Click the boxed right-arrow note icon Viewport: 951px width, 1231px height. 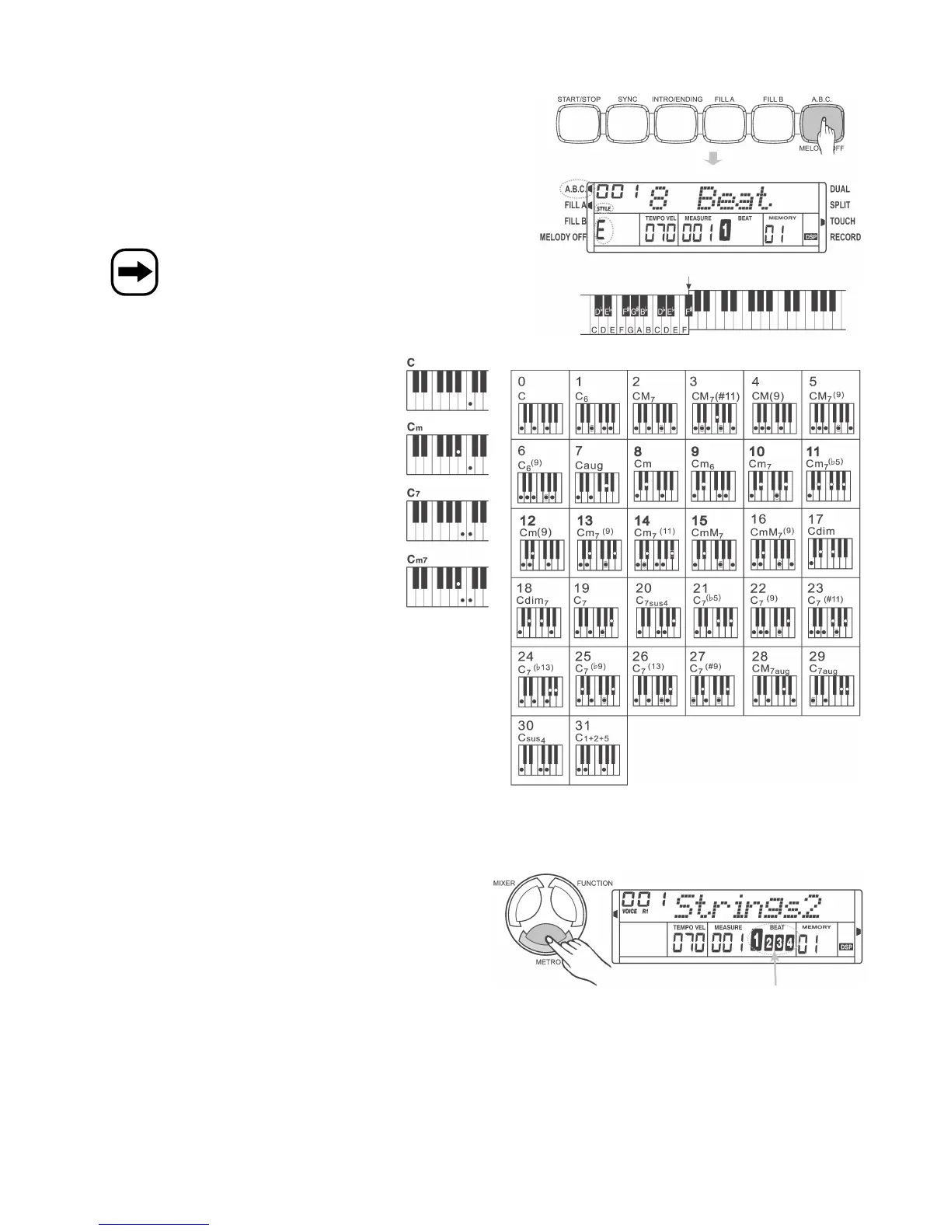[134, 273]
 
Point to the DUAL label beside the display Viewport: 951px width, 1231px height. [840, 189]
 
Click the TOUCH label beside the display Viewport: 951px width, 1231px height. [842, 221]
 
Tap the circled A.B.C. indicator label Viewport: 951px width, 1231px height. [575, 189]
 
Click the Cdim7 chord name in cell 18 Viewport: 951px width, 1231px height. [532, 601]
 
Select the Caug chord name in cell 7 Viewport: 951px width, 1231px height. [589, 466]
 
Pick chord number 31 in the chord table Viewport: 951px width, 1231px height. [583, 726]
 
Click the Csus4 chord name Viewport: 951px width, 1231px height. [532, 738]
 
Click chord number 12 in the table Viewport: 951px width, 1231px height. [528, 521]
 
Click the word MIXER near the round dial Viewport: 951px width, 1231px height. [504, 884]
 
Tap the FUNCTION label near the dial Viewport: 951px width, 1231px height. [594, 884]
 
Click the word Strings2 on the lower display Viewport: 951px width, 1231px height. [747, 905]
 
